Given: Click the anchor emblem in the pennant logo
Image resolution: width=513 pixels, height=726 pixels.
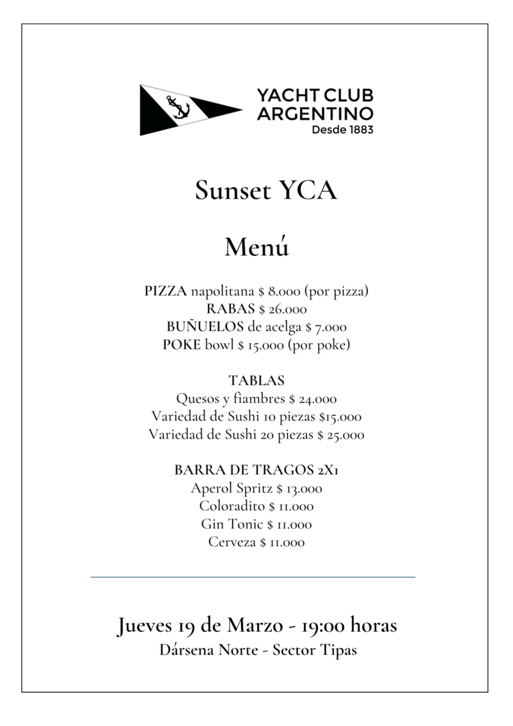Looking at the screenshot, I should point(178,108).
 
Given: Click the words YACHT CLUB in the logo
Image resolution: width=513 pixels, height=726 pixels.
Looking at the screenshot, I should point(315,96).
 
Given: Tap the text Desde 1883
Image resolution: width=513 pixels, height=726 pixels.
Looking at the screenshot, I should point(342,130).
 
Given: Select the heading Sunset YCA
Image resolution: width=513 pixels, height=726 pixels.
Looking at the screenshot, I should point(266,191).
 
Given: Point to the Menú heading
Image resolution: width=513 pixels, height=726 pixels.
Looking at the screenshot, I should point(256,247).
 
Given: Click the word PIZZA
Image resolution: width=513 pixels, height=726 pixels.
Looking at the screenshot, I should point(166,291).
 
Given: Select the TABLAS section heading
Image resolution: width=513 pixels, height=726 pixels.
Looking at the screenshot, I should point(256,381).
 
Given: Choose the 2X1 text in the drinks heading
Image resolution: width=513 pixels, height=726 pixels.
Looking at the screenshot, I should point(328,471).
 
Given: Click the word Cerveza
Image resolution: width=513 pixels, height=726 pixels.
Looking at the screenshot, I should point(232,543).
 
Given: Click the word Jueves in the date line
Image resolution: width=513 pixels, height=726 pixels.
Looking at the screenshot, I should point(146,627).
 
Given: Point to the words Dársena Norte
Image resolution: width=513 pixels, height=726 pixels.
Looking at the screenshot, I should point(208,650).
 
